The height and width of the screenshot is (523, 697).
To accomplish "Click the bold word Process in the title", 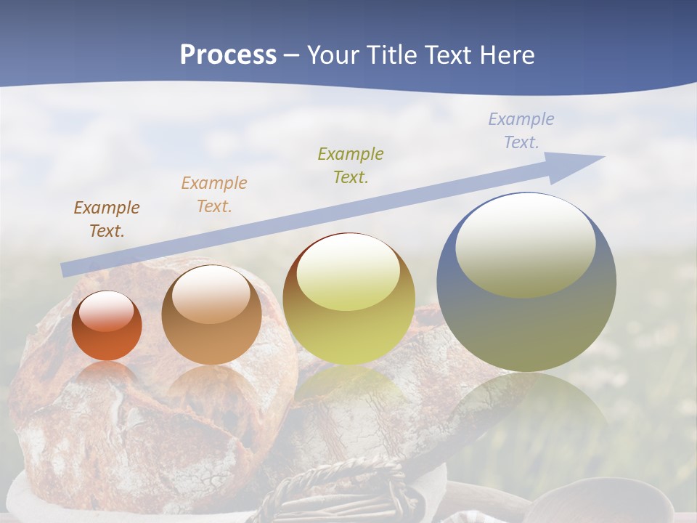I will (228, 55).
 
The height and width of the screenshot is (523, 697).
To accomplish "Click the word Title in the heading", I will (390, 55).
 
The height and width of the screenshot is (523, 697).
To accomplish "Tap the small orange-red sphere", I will (107, 326).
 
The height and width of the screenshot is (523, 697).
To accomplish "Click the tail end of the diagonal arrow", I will (65, 270).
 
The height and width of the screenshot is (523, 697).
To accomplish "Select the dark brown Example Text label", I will (107, 219).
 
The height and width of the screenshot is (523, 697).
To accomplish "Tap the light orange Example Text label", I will (214, 195).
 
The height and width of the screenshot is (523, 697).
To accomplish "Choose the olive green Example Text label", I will (351, 166).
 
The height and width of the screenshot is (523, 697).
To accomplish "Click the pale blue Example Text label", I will (521, 131).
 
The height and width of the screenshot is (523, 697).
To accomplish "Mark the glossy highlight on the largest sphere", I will (525, 245).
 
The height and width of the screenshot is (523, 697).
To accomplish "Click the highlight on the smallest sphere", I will (107, 312).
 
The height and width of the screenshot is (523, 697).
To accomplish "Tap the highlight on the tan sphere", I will (211, 294).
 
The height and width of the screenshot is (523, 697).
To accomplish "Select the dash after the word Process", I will (292, 55).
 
